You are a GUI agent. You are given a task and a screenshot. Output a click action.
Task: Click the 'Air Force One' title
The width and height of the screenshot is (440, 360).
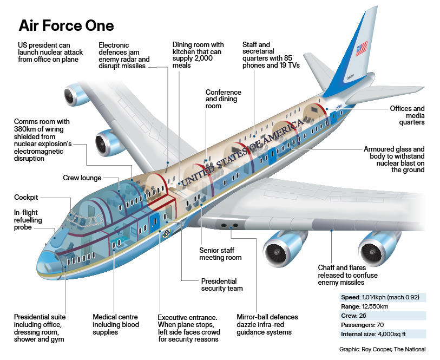(x=66, y=25)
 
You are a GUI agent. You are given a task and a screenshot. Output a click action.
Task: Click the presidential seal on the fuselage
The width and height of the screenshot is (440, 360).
(x=167, y=233)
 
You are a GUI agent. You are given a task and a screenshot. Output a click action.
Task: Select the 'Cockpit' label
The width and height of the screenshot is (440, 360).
(x=26, y=198)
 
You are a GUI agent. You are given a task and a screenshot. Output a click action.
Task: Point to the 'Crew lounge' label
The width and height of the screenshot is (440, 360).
(x=82, y=178)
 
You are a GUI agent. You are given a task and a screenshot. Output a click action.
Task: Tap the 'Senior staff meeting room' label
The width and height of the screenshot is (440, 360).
(x=220, y=254)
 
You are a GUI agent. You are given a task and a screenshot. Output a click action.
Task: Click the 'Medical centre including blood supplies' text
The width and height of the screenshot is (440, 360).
(x=115, y=324)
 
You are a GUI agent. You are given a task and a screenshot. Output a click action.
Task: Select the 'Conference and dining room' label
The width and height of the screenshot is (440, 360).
(x=223, y=99)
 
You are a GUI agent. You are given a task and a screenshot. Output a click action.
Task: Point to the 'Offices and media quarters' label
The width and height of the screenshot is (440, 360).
(x=408, y=115)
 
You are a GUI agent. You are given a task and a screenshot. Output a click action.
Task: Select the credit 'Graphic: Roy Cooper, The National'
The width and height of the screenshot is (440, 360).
(x=382, y=349)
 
